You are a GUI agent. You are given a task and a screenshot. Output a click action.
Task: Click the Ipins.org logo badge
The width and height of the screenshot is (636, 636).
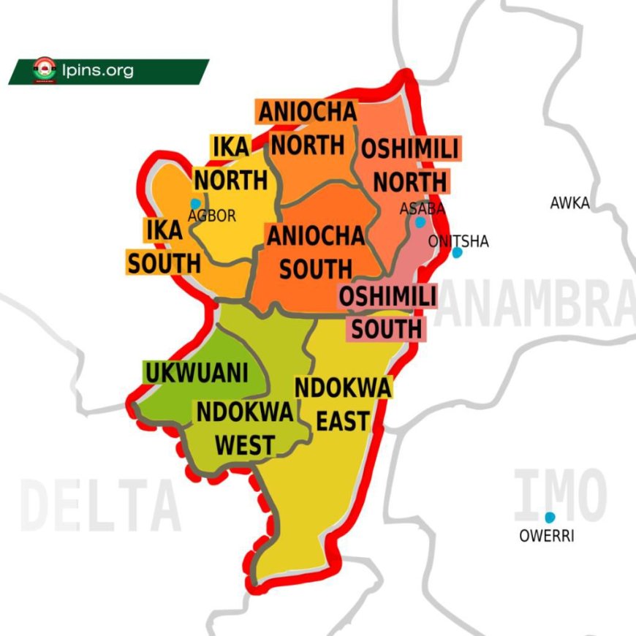pyautogui.click(x=45, y=71)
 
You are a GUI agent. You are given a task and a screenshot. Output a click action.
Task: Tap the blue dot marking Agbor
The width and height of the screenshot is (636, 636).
pyautogui.click(x=195, y=203)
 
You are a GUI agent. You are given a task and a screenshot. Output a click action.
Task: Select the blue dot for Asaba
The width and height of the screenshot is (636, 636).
pyautogui.click(x=420, y=222)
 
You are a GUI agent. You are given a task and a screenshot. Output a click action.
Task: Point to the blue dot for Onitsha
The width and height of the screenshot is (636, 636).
pyautogui.click(x=457, y=253)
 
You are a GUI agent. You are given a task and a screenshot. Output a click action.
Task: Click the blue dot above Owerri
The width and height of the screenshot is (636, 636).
pyautogui.click(x=550, y=518)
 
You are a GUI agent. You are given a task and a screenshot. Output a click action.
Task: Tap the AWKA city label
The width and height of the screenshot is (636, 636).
pyautogui.click(x=569, y=204)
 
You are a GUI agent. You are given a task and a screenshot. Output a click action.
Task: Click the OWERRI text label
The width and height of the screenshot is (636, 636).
pyautogui.click(x=547, y=537)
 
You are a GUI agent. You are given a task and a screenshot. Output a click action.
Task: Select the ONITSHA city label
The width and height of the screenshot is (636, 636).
pyautogui.click(x=459, y=241)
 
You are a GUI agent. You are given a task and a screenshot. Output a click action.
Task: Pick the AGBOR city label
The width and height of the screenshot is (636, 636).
pyautogui.click(x=212, y=216)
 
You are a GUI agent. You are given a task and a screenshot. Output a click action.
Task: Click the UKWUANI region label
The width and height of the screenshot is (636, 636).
pyautogui.click(x=196, y=373)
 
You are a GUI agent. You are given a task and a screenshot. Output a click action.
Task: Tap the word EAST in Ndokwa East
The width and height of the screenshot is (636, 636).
pyautogui.click(x=342, y=421)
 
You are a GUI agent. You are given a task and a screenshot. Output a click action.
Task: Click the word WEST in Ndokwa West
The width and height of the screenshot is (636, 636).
pyautogui.click(x=245, y=444)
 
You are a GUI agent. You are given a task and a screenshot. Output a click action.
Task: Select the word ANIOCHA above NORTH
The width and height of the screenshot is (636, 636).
pyautogui.click(x=307, y=112)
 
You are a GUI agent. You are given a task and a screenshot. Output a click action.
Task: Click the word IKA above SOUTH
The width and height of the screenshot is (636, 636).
pyautogui.click(x=164, y=230)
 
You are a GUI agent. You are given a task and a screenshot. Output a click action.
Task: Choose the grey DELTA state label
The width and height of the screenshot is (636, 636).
pyautogui.click(x=99, y=505)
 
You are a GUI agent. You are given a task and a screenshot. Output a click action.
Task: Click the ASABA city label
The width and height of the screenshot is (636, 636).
pyautogui.click(x=422, y=209)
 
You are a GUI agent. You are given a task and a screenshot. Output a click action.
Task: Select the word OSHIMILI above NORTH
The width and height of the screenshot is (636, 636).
pyautogui.click(x=410, y=150)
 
